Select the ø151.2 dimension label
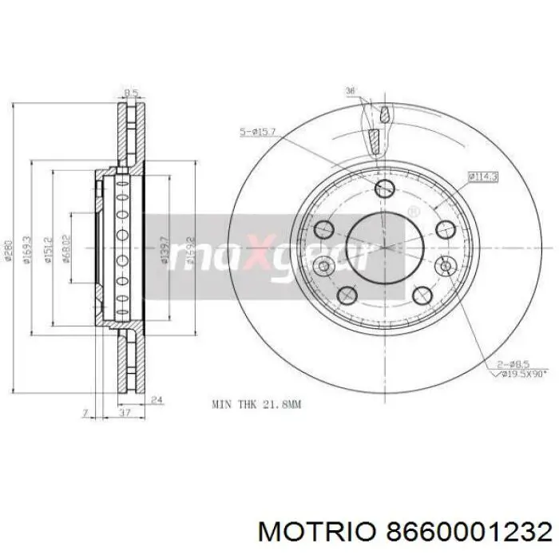click(x=48, y=249)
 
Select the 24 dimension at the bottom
click(x=156, y=378)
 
